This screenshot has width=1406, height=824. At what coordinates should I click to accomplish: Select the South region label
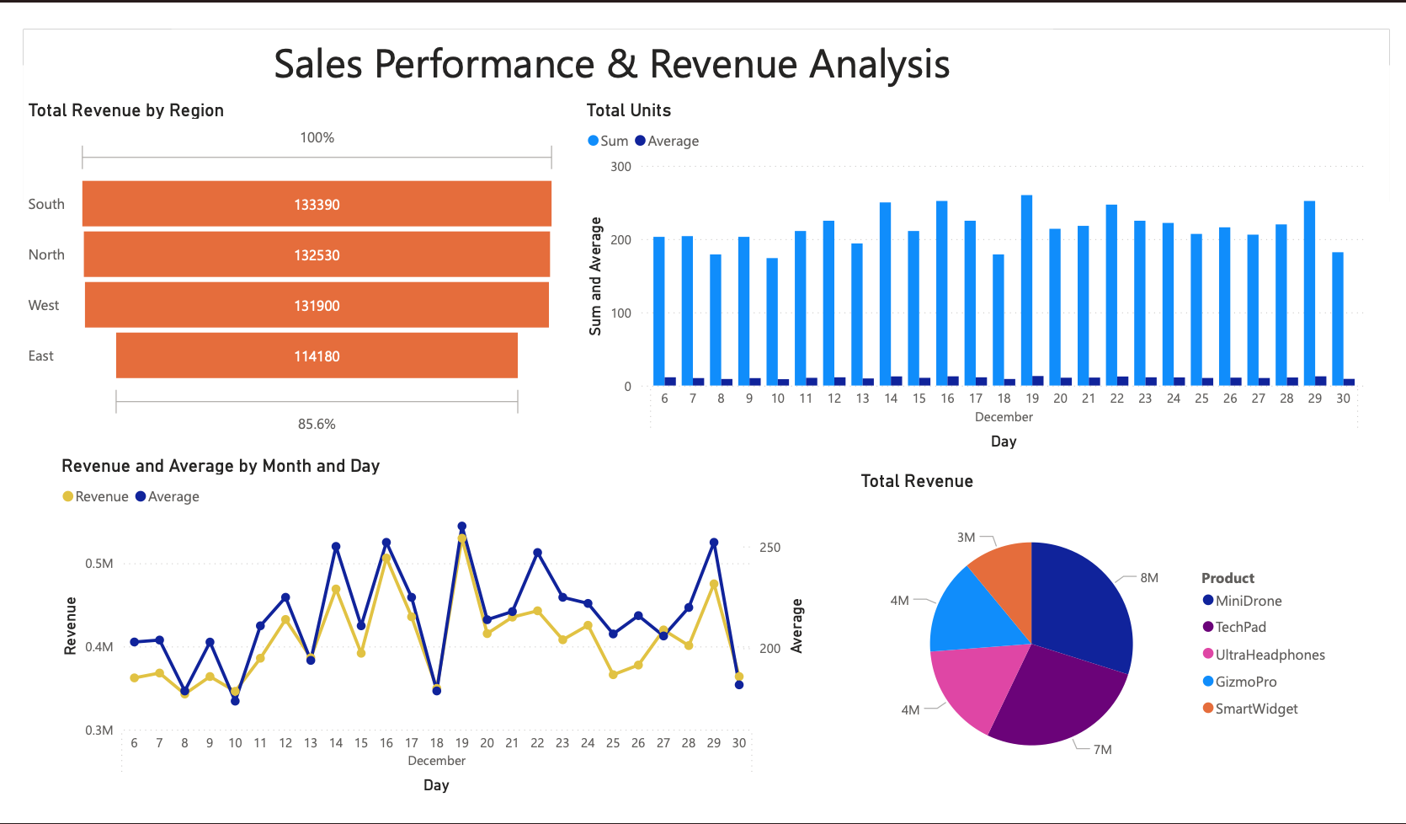coord(46,204)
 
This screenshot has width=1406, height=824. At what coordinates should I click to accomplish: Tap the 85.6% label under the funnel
coord(317,424)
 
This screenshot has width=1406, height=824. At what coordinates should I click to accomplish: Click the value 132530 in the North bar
coord(317,255)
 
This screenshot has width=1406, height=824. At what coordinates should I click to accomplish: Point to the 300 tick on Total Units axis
coord(620,167)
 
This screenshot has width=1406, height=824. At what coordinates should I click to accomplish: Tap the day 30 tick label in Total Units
coord(1343,399)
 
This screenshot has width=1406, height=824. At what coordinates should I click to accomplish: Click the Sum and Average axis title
coord(595,276)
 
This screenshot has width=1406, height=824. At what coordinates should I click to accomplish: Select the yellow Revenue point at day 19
coord(462,538)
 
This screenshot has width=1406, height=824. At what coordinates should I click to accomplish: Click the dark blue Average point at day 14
coord(336,547)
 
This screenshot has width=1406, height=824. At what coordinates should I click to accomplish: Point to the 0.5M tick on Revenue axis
coord(99,564)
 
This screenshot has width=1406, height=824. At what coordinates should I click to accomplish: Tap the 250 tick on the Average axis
coord(770,548)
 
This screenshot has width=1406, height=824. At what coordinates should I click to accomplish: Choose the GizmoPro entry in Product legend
coord(1245,682)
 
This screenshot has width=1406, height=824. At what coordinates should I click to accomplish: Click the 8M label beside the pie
coord(1149,578)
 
